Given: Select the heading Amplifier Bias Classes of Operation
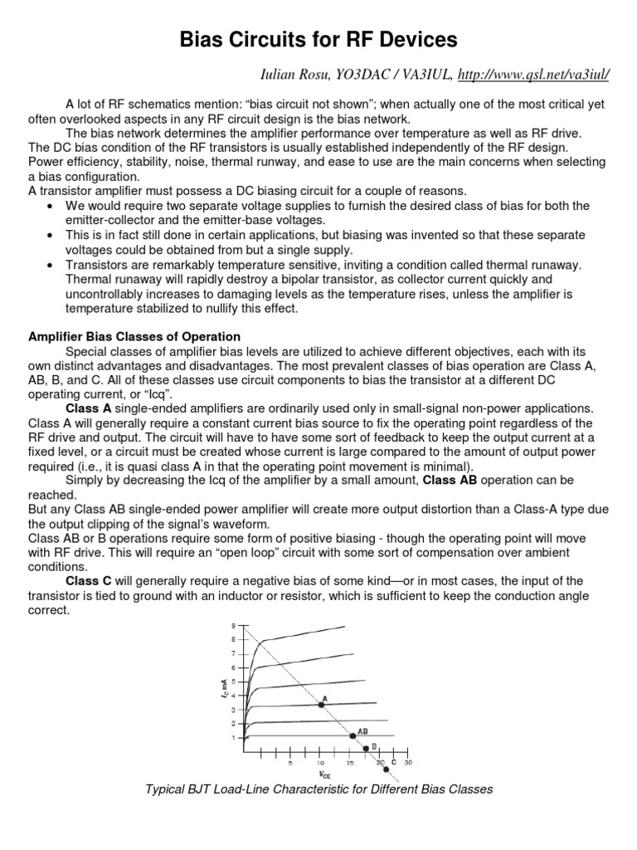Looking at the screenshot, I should coord(134,336).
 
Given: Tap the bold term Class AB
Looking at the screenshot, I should coord(450,480).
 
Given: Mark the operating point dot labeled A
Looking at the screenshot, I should coord(321,704).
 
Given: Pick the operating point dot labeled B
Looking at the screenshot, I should coord(366,747).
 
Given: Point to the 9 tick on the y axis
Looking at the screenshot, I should coord(232,625).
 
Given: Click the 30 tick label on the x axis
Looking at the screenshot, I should coord(408,762).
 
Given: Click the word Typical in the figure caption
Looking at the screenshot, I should coord(167,789).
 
